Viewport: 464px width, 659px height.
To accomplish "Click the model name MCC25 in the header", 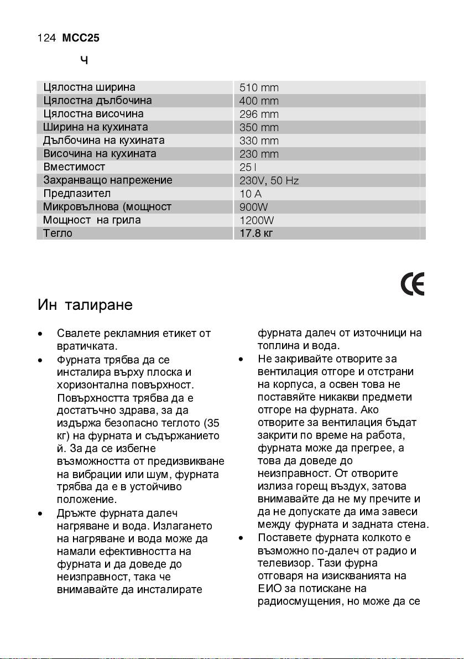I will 81,38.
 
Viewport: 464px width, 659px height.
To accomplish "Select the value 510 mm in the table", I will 259,88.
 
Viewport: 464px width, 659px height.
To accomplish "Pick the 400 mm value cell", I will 259,101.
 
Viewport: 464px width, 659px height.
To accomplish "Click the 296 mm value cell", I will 259,115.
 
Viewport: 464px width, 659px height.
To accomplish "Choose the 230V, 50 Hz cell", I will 269,180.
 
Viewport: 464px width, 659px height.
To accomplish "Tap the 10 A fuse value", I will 251,194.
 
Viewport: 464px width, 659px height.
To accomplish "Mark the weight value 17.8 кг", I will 256,233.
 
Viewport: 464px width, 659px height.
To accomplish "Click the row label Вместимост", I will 74,167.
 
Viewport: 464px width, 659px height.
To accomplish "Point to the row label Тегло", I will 58,233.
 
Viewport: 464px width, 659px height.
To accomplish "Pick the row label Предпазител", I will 77,194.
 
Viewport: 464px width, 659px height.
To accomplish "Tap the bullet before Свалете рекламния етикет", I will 40,335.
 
